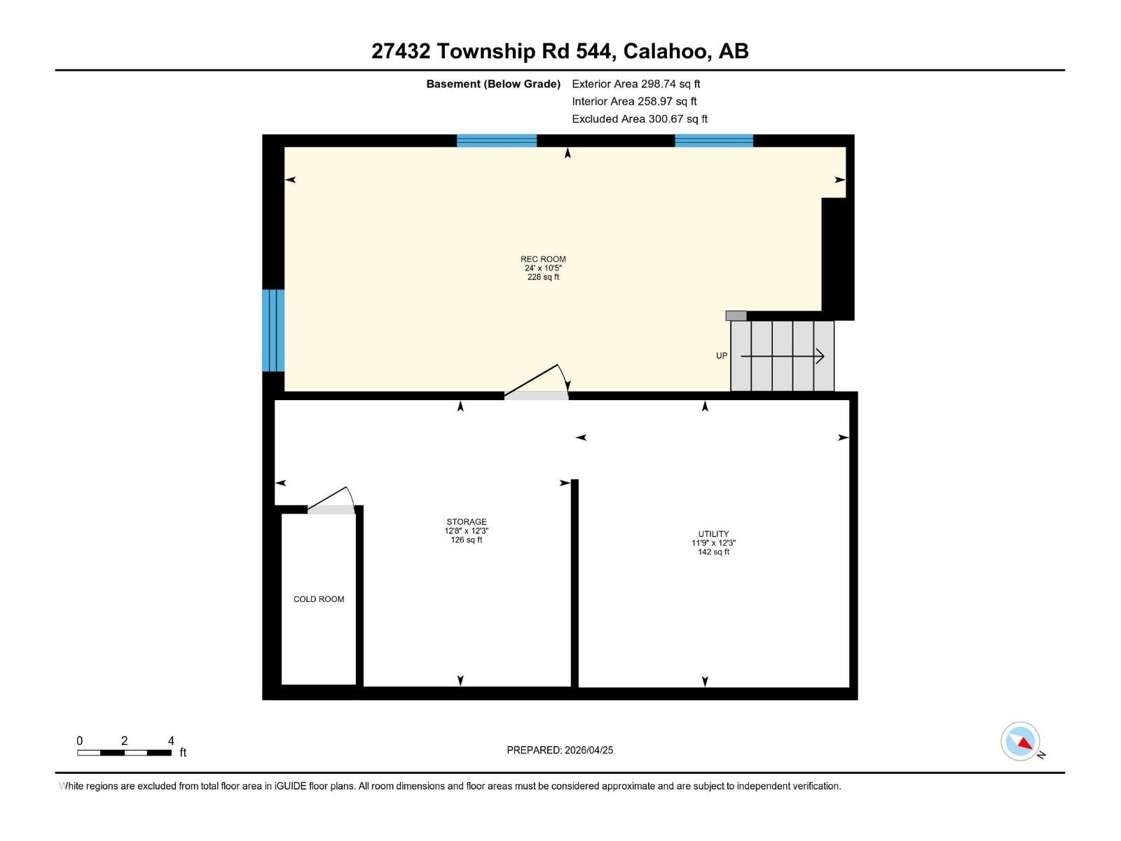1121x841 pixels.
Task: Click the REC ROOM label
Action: coord(543,259)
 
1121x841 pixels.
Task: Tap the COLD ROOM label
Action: coord(319,599)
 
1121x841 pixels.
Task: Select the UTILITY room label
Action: coord(713,534)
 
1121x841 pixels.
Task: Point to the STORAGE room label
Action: coord(467,522)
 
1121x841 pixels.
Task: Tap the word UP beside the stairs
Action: coord(722,356)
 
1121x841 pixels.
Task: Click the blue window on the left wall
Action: coord(273,330)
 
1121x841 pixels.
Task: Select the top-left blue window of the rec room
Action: coord(497,141)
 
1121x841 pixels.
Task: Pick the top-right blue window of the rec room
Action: coord(714,141)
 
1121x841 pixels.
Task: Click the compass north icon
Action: coord(1021,741)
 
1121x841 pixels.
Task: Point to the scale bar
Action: coord(125,753)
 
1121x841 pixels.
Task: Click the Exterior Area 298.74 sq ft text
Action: coord(636,84)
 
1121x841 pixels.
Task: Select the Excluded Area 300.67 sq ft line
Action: coord(640,119)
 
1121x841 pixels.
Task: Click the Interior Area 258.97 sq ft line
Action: coord(634,102)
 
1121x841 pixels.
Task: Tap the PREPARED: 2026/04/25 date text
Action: coord(560,750)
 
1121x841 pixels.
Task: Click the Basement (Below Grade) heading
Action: coord(493,84)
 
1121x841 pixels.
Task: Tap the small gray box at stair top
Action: coord(736,316)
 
